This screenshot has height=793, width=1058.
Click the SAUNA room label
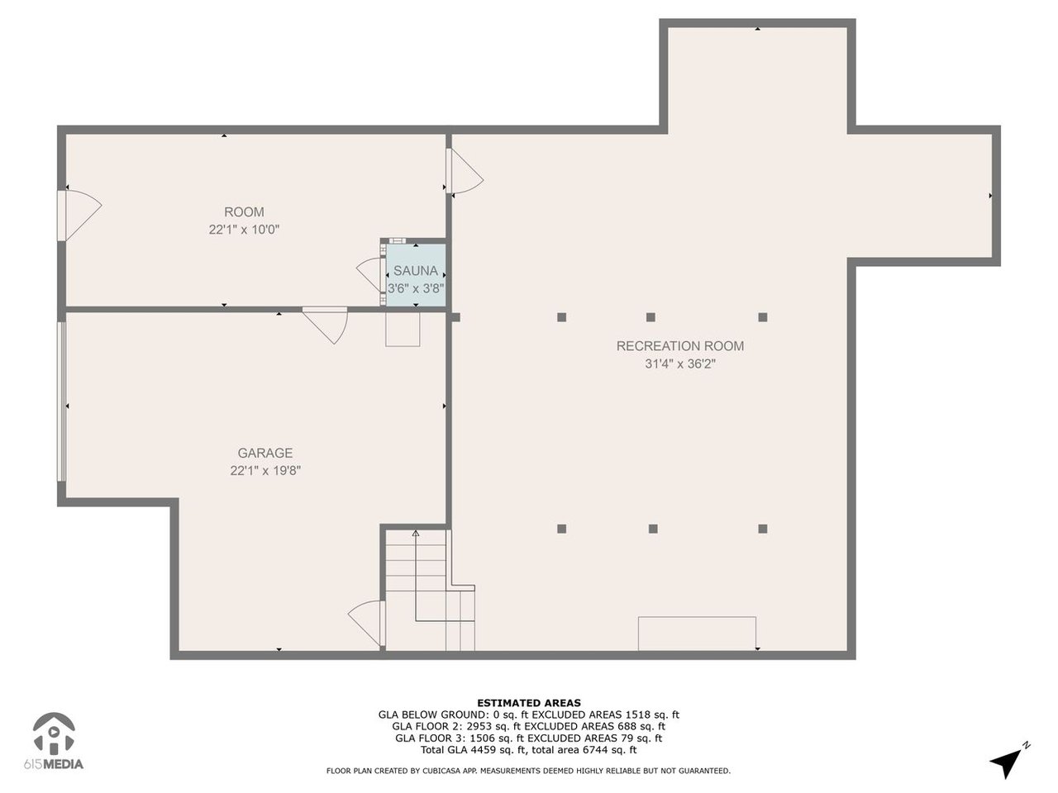(x=416, y=271)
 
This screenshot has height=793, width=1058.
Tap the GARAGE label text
(x=265, y=453)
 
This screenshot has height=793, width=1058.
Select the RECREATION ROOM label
(x=680, y=346)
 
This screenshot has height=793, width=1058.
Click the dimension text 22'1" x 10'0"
(x=244, y=230)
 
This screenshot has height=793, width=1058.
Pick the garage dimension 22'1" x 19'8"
(x=265, y=471)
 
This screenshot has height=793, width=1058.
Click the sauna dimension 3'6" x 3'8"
(x=416, y=289)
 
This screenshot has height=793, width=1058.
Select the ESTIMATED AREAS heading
(x=529, y=703)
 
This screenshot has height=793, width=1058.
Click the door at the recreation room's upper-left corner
(x=464, y=173)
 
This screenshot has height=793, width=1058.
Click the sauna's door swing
(x=369, y=273)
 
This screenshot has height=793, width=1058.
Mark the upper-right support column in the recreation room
(x=763, y=316)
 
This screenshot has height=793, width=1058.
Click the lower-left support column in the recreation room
(x=562, y=529)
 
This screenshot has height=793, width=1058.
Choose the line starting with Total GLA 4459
(x=529, y=750)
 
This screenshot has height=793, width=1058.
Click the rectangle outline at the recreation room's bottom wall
(x=697, y=633)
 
